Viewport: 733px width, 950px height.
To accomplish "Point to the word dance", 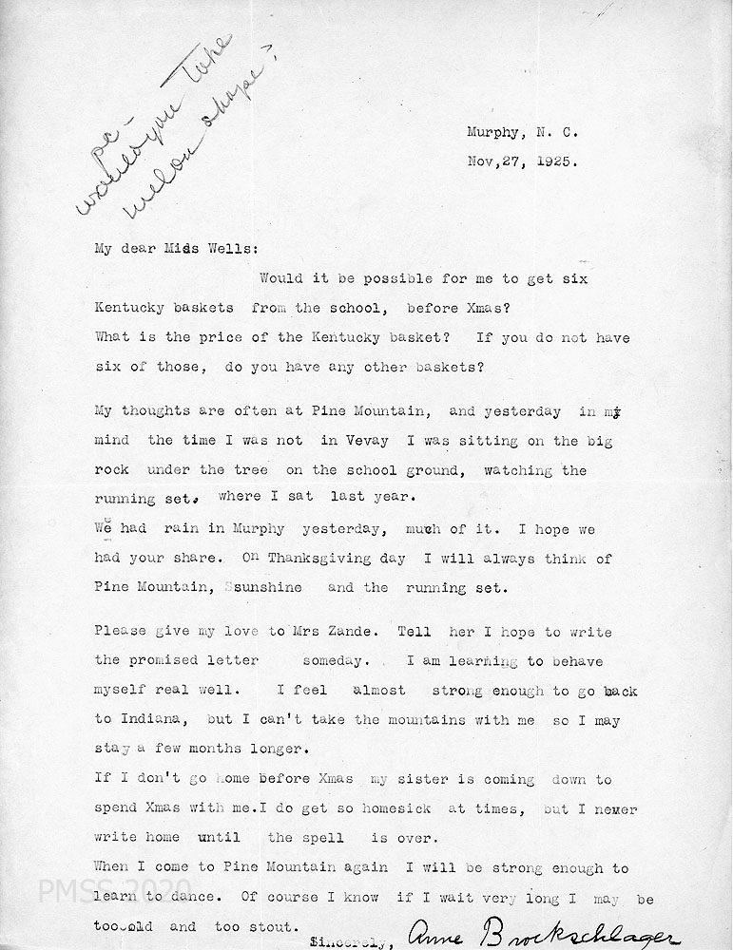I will tap(203, 898).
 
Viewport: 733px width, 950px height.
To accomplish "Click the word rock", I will tap(111, 470).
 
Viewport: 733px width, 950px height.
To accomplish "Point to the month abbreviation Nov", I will tap(482, 161).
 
